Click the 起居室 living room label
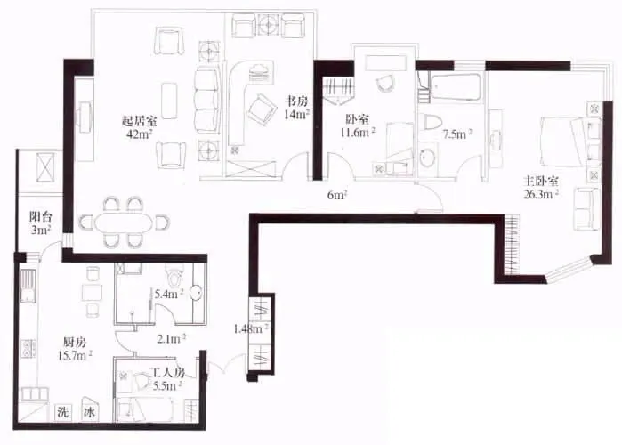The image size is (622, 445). [139, 120]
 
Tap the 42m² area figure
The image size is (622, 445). [139, 134]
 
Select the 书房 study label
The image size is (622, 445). [297, 102]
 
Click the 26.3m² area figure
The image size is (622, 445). [541, 194]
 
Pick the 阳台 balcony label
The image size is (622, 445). [41, 217]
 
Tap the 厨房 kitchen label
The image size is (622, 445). [75, 343]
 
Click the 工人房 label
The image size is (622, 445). [168, 373]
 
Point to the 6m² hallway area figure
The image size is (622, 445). [337, 195]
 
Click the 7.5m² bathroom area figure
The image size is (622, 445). [457, 134]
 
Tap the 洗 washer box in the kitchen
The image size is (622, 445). [63, 412]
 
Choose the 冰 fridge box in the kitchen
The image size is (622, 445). [89, 412]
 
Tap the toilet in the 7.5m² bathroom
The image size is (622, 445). [432, 121]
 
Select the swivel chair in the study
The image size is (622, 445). [261, 109]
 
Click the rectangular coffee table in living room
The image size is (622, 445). [169, 101]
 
